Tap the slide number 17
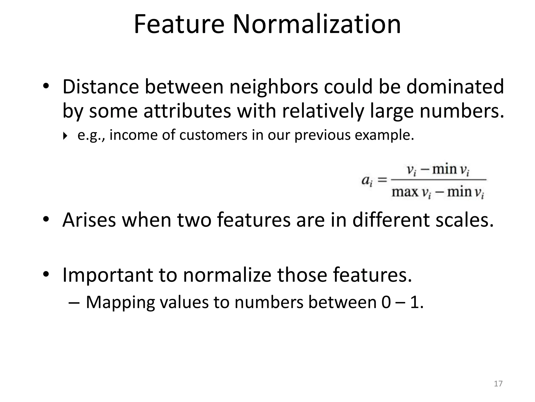click(498, 384)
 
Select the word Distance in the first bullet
click(100, 87)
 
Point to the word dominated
click(455, 87)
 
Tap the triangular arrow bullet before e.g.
click(65, 136)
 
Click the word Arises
click(89, 220)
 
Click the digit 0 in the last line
click(386, 303)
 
